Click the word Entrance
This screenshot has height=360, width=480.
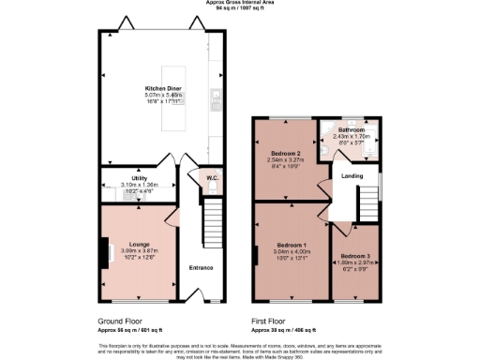coord(202,267)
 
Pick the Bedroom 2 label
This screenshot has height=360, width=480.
coord(284,153)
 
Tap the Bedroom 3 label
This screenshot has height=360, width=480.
coord(356,256)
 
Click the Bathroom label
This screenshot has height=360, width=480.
coord(351,130)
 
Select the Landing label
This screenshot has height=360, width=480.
coord(352,174)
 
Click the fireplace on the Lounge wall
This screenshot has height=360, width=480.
coord(103,250)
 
